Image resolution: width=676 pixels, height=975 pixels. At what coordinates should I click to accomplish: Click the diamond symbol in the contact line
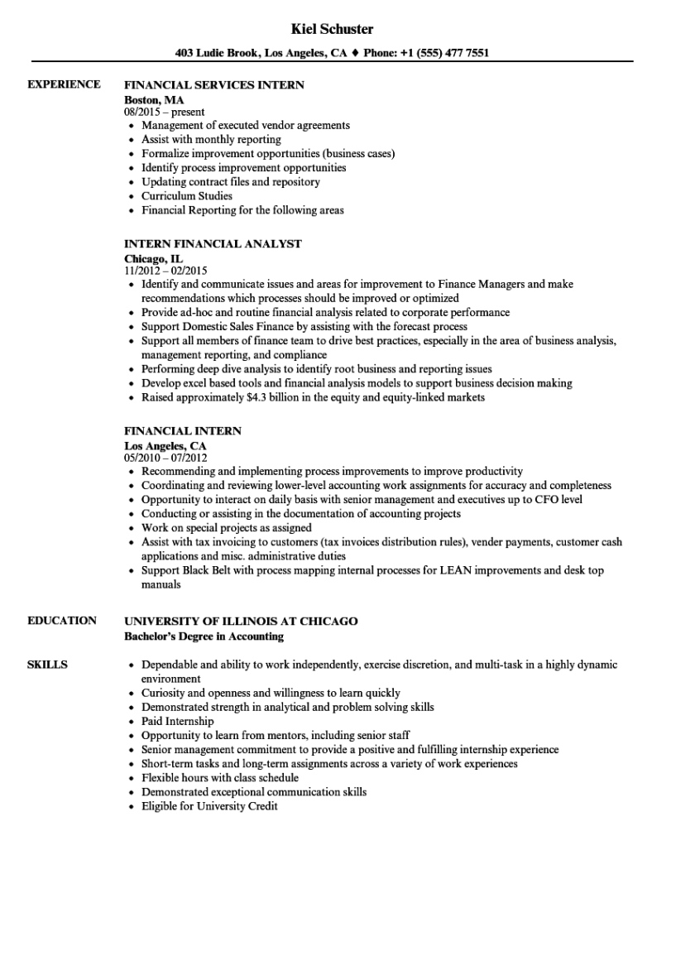click(355, 52)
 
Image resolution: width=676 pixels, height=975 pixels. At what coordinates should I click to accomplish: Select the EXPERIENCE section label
click(64, 84)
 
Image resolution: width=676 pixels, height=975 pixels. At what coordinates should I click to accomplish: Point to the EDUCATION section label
click(61, 621)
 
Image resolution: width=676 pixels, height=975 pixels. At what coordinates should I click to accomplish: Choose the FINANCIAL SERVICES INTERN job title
click(213, 84)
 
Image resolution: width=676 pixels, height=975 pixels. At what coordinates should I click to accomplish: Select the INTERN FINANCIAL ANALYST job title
click(213, 244)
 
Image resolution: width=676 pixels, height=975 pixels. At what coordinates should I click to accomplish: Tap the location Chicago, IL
click(153, 258)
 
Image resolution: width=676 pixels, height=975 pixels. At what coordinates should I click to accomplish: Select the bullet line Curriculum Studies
click(186, 196)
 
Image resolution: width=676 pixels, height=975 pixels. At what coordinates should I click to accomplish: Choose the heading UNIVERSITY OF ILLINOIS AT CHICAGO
click(241, 621)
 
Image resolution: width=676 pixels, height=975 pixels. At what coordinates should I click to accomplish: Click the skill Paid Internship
click(177, 722)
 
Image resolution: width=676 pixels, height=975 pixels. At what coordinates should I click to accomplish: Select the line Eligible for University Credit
click(209, 806)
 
